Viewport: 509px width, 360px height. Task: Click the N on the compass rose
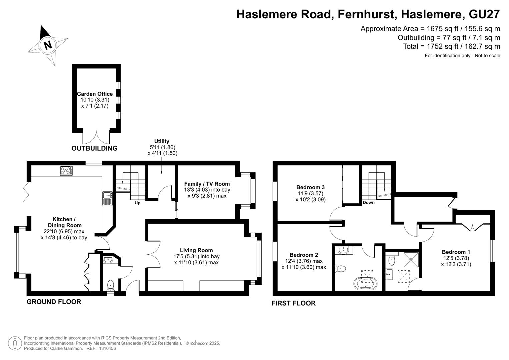tap(48, 45)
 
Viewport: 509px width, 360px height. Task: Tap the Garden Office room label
tap(95, 94)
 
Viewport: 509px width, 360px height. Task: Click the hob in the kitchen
tap(66, 171)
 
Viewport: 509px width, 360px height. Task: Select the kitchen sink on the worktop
tap(107, 199)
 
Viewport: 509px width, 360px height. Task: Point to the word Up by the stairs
tap(137, 203)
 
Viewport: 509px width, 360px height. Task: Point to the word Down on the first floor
tap(369, 203)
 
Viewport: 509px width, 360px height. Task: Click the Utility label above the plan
tap(162, 141)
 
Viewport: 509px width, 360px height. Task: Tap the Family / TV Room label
tap(207, 184)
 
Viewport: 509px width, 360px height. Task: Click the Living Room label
tap(196, 250)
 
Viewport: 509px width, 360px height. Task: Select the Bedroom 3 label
tap(310, 187)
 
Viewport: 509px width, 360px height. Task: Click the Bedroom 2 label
tap(304, 255)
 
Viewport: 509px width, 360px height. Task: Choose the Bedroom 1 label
tap(456, 252)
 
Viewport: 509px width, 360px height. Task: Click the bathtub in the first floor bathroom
tap(365, 283)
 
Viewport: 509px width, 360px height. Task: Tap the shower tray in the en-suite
tap(411, 260)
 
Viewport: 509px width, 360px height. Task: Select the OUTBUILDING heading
tap(95, 148)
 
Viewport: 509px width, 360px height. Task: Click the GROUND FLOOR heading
tap(54, 302)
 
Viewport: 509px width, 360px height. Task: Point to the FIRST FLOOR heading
tap(294, 303)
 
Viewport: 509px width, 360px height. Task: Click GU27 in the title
tap(484, 14)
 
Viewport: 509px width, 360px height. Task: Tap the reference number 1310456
tap(107, 348)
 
